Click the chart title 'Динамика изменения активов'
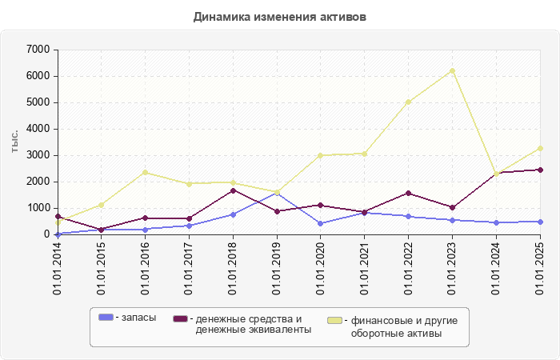tap(280, 16)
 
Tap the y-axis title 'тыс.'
tap(15, 141)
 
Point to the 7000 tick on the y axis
tap(39, 50)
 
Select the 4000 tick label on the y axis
tap(39, 129)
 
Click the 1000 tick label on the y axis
tap(39, 208)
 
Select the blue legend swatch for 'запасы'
tap(106, 318)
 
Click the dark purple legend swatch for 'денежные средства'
tap(180, 318)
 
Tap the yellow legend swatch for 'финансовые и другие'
tap(335, 320)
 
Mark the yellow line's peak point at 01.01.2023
tap(452, 71)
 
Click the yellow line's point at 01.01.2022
tap(408, 102)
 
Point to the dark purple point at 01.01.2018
tap(233, 190)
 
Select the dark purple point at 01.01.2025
tap(540, 170)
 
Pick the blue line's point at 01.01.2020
tap(321, 223)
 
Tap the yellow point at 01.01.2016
tap(146, 172)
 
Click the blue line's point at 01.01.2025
tap(540, 222)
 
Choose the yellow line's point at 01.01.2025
tap(540, 148)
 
